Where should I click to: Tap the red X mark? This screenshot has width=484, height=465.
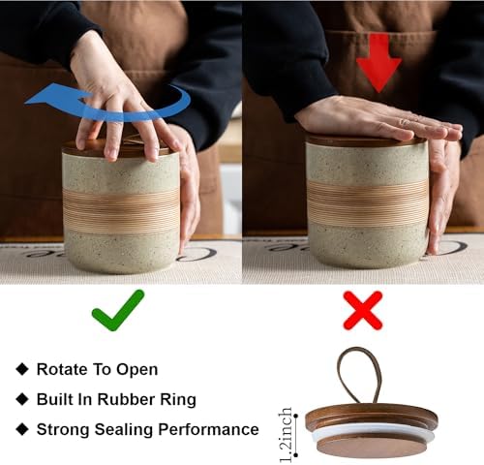point(363,310)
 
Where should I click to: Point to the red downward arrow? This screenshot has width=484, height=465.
point(378,63)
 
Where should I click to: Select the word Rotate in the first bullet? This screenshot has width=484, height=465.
point(62,369)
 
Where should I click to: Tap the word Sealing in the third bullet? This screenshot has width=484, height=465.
point(124,430)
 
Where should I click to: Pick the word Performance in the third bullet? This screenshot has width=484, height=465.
point(208,429)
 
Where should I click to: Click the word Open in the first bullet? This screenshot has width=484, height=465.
point(137,370)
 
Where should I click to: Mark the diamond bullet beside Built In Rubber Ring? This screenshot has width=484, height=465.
point(22,399)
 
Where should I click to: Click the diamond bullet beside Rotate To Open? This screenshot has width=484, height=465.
point(22,369)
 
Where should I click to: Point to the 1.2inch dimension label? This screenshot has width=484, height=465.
point(286,435)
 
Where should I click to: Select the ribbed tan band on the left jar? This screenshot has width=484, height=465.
point(121,210)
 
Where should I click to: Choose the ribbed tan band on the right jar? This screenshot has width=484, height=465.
point(368,201)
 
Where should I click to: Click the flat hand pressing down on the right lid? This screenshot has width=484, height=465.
point(378,118)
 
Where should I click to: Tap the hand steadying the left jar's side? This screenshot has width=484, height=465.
point(187,184)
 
